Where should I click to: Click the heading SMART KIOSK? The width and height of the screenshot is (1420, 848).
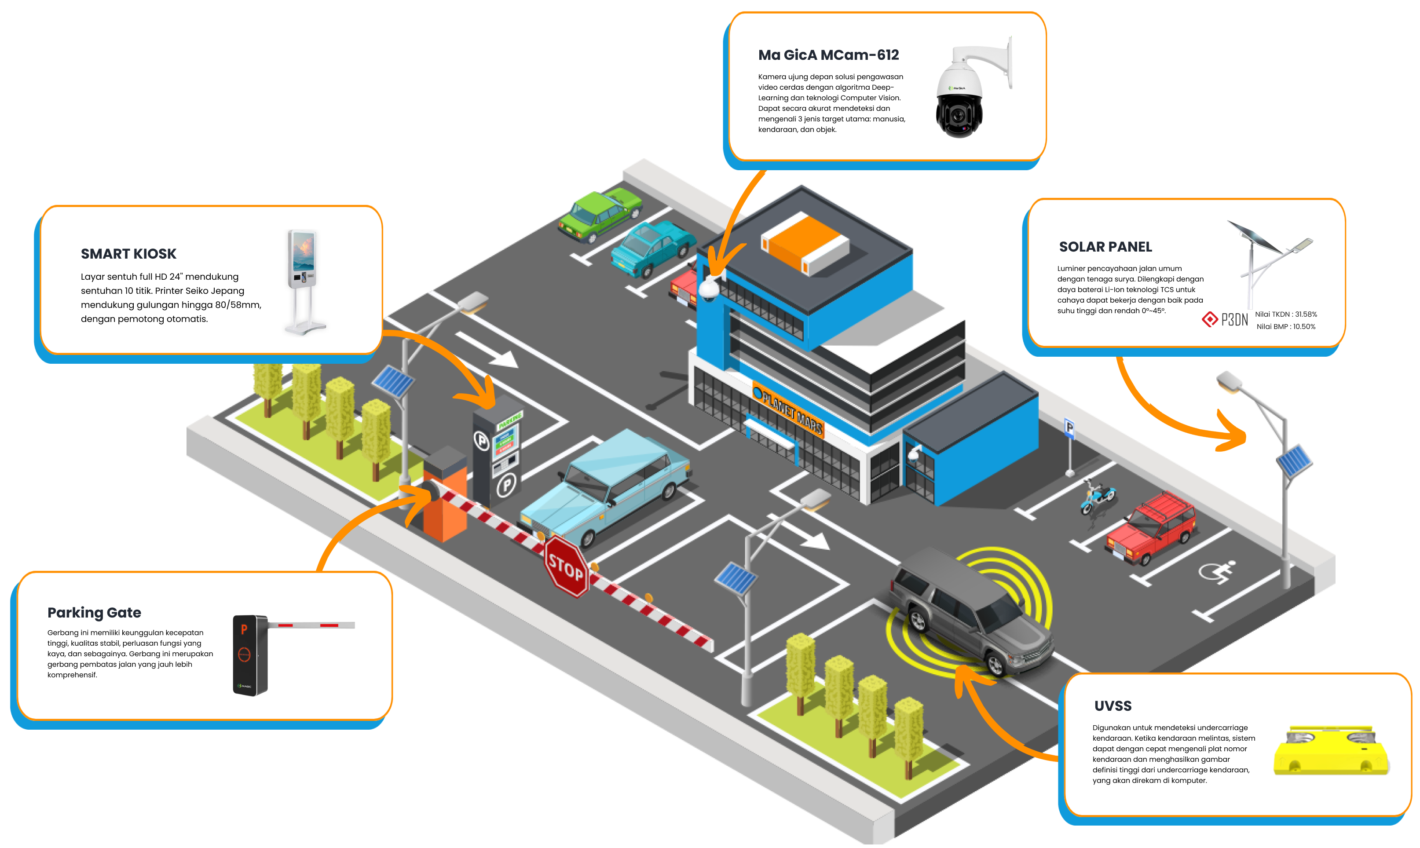128,254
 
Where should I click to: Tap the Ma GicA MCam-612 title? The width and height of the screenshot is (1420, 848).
829,55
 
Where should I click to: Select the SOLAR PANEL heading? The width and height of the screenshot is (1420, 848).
1105,247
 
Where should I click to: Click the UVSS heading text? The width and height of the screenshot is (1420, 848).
1113,706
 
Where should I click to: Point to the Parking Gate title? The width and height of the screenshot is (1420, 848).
94,613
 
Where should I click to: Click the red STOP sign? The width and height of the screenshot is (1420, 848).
566,566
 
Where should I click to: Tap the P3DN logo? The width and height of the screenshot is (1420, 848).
1225,319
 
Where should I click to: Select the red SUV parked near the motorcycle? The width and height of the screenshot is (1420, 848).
1150,527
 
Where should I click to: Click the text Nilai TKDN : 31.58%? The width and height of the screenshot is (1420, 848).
1286,314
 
